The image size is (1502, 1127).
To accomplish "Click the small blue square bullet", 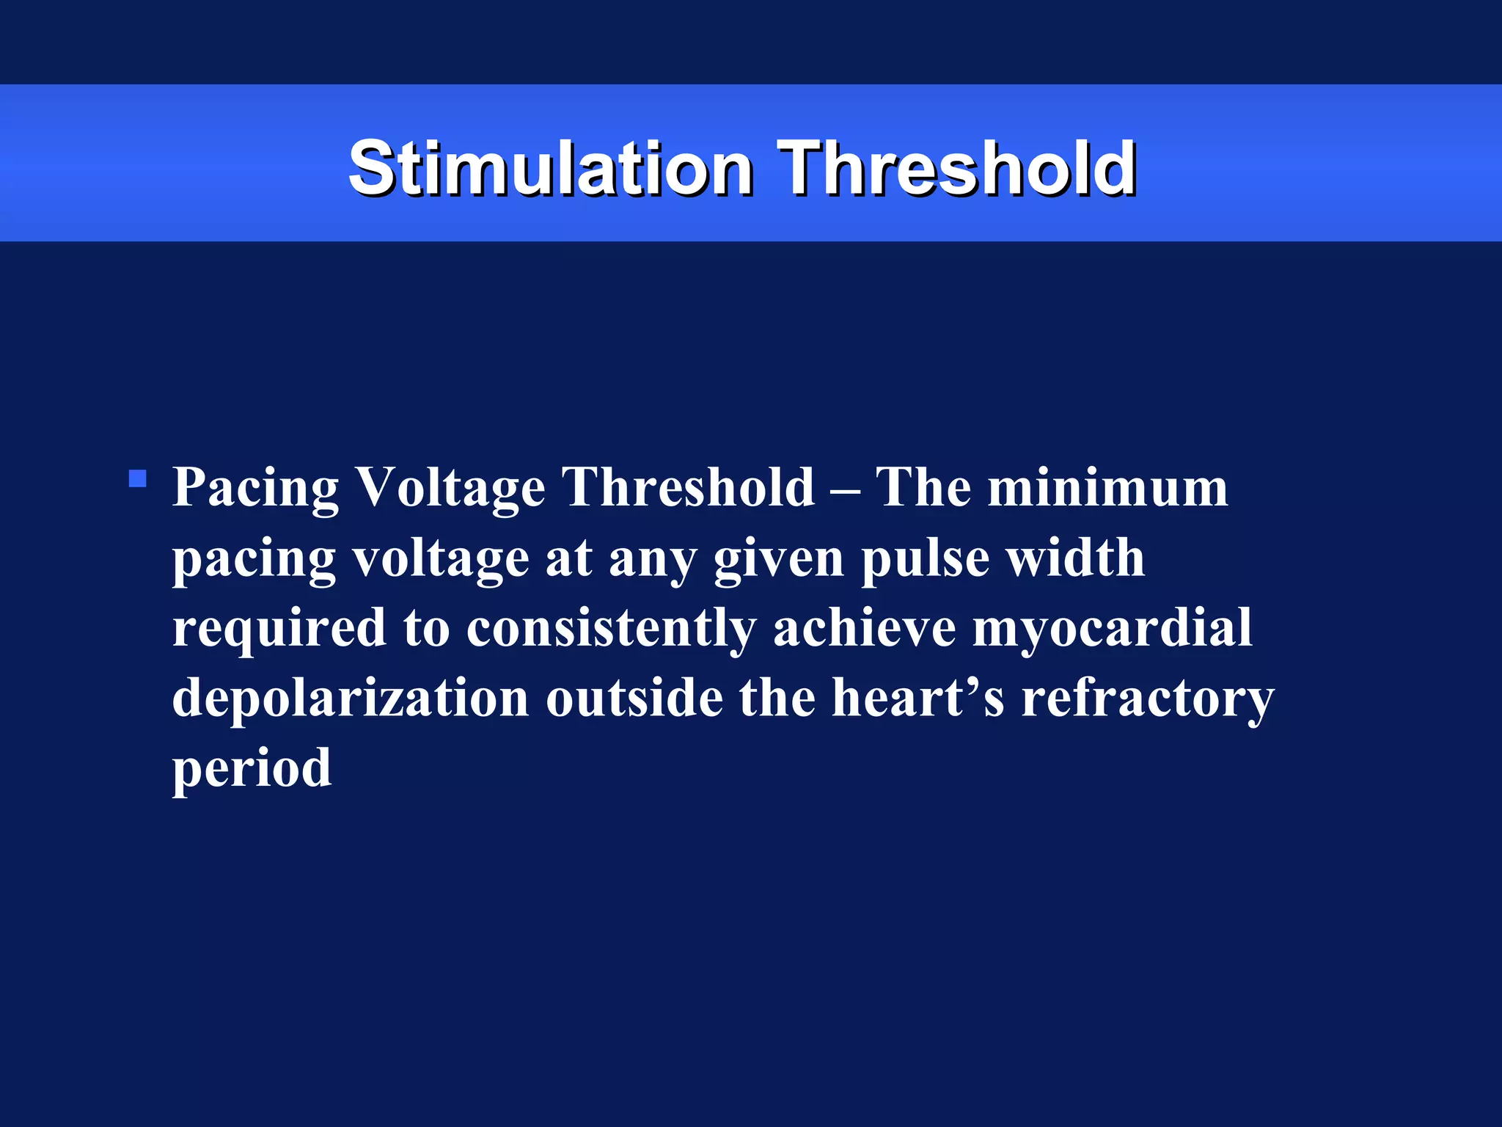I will (x=137, y=479).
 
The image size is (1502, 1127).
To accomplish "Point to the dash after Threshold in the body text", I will (x=846, y=489).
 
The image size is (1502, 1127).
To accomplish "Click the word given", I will (x=778, y=558).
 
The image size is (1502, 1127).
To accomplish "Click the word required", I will (x=279, y=628).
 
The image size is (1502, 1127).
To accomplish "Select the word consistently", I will (x=611, y=628).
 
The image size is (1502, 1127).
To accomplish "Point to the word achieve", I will (x=865, y=628).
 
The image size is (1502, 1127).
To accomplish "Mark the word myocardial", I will (x=1112, y=628).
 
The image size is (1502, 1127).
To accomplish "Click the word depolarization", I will (x=351, y=698).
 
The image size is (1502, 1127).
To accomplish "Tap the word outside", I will (x=634, y=698).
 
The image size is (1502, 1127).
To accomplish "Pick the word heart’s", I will (x=917, y=698).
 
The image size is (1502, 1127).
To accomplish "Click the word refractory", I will (x=1148, y=698).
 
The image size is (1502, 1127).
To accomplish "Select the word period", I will (x=252, y=769).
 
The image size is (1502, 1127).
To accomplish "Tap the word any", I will (x=652, y=560).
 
